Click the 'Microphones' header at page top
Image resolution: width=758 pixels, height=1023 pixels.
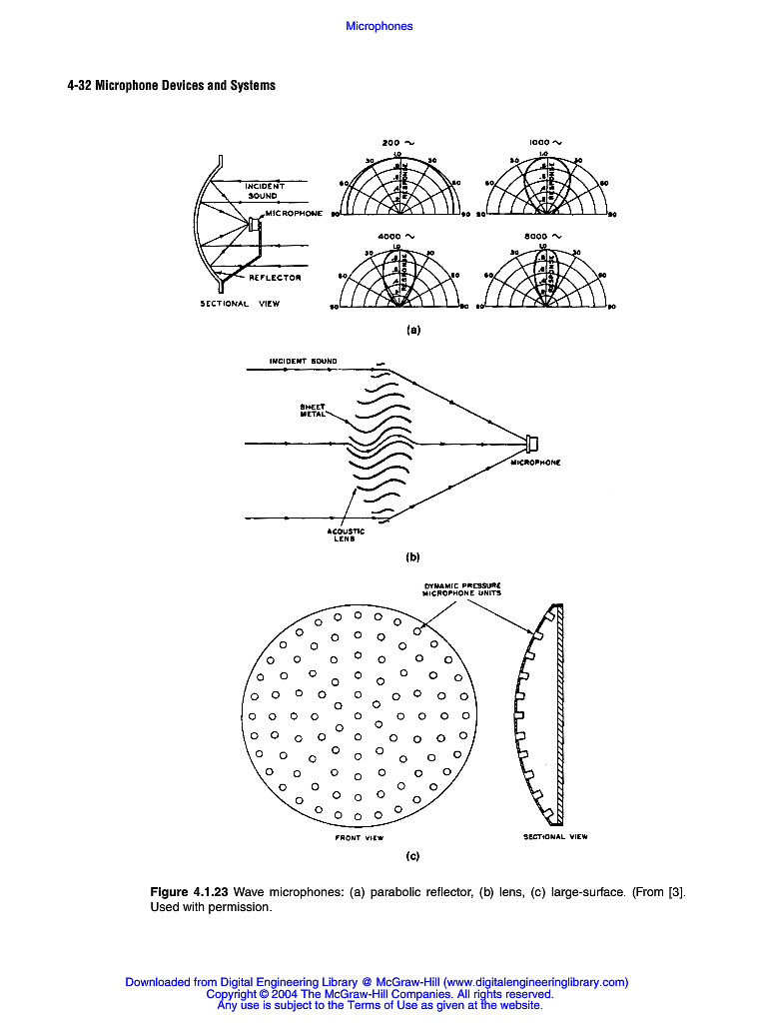point(379,26)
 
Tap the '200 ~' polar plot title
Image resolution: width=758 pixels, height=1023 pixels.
point(398,142)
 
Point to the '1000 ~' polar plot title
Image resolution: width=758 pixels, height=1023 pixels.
point(545,142)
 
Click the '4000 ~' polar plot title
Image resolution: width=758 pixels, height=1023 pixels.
point(398,237)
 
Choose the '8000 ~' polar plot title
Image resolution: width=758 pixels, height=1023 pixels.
point(545,237)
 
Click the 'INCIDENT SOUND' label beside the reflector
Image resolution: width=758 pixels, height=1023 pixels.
point(264,191)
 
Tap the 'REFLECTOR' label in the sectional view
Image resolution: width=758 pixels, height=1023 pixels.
point(275,278)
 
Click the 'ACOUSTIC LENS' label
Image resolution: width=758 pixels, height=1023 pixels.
point(346,534)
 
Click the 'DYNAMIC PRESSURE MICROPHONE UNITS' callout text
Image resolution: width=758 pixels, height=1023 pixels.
point(461,588)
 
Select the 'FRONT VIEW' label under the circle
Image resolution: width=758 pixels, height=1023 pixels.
point(359,838)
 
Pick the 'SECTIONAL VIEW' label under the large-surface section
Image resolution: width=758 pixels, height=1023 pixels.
point(556,836)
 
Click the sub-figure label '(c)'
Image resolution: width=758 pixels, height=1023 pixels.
point(412,856)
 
